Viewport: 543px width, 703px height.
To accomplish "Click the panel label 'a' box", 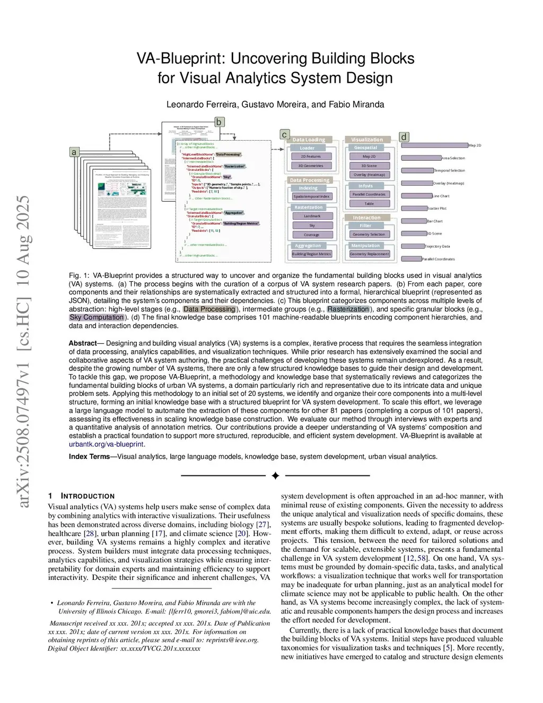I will coord(74,152).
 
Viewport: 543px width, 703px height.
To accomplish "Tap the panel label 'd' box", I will coord(404,137).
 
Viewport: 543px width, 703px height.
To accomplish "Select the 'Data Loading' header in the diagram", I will coord(309,140).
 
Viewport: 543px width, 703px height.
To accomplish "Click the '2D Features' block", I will coord(311,157).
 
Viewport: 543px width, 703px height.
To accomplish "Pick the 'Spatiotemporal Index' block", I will coord(311,196).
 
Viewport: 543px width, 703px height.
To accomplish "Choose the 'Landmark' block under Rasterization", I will coord(312,216).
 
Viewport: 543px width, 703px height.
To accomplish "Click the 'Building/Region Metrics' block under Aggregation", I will coord(311,254).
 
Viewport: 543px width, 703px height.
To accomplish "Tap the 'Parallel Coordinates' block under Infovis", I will coord(369,194).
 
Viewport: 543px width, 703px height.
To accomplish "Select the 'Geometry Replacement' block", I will coord(370,254).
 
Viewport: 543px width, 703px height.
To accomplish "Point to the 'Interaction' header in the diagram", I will coord(367,218).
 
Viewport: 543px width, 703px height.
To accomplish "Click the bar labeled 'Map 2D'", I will coord(435,145).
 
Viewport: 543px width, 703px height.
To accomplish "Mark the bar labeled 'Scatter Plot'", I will coord(414,209).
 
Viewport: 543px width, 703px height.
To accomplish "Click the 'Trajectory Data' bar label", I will coord(437,246).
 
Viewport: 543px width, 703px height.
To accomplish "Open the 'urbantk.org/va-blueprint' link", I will coord(107,444).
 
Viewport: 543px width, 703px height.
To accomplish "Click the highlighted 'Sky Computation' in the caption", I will coord(97,317).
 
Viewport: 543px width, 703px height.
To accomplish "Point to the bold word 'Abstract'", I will coord(82,343).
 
